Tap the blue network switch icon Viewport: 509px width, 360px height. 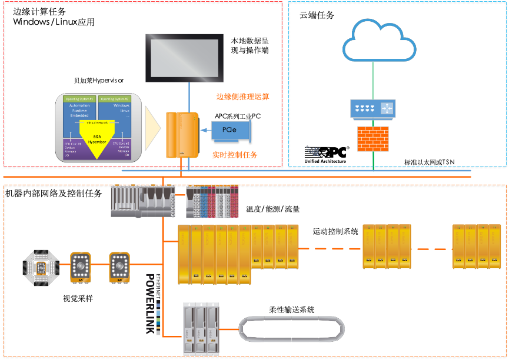pyautogui.click(x=373, y=108)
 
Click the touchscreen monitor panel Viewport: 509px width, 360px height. pyautogui.click(x=185, y=58)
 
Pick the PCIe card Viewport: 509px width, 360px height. pyautogui.click(x=231, y=129)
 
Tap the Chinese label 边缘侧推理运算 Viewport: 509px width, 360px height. pyautogui.click(x=243, y=96)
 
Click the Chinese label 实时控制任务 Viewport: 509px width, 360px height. pyautogui.click(x=235, y=156)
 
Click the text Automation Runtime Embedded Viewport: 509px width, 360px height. pyautogui.click(x=79, y=110)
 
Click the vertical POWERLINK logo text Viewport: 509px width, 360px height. pyautogui.click(x=149, y=303)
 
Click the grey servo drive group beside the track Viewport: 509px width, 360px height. pyautogui.click(x=200, y=328)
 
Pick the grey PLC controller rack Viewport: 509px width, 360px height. pyautogui.click(x=143, y=201)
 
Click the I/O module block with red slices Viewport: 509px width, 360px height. pyautogui.click(x=212, y=202)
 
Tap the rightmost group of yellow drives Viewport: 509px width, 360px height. pyautogui.click(x=477, y=246)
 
